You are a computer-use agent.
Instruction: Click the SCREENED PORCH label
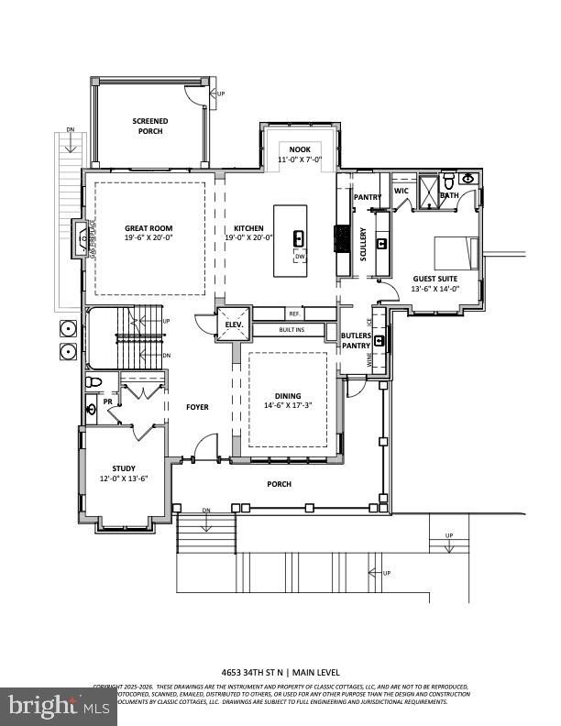[x=148, y=126]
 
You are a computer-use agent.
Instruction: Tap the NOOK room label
[x=300, y=149]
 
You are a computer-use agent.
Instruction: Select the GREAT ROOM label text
[x=148, y=228]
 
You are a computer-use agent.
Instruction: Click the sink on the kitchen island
[x=299, y=239]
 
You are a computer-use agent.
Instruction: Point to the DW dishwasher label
[x=300, y=257]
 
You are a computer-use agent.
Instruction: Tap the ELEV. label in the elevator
[x=232, y=324]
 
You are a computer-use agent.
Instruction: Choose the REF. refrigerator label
[x=294, y=313]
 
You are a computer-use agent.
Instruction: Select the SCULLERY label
[x=364, y=245]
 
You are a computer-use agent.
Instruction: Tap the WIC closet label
[x=401, y=191]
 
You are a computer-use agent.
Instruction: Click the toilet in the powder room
[x=93, y=382]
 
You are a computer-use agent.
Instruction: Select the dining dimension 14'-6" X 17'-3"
[x=288, y=406]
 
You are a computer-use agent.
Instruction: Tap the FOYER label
[x=198, y=407]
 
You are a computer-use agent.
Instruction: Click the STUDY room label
[x=124, y=468]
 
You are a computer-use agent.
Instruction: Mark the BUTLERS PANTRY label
[x=357, y=341]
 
